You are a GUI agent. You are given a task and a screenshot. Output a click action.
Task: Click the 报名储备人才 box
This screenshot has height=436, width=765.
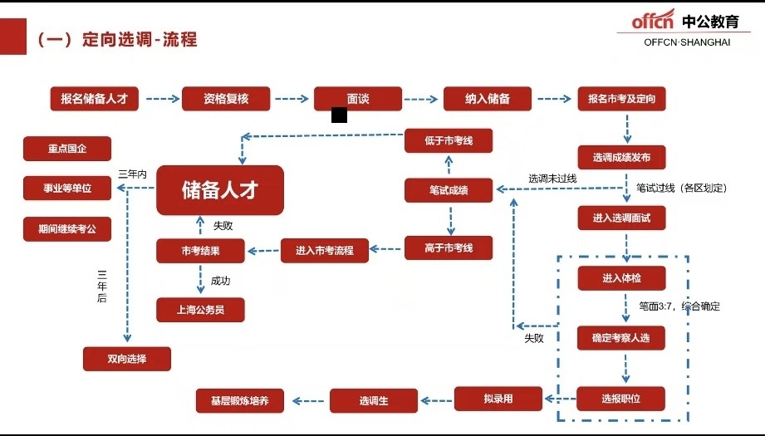tap(94, 99)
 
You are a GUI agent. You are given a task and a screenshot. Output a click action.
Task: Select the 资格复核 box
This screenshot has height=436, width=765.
tap(226, 99)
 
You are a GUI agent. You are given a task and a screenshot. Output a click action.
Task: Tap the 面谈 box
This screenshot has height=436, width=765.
tap(357, 98)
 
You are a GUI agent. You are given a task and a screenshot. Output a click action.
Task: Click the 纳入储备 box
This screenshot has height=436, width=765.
tap(487, 99)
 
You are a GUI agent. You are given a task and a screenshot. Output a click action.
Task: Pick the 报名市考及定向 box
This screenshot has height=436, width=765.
tap(621, 99)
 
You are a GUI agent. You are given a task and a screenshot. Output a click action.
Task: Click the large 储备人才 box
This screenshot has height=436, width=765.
tap(219, 189)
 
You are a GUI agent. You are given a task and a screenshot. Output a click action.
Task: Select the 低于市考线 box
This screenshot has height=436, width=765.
tap(449, 140)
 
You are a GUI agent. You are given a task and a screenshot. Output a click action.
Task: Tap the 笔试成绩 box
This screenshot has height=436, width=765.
tap(449, 190)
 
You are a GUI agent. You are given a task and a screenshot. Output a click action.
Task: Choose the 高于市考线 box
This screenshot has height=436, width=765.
tap(449, 247)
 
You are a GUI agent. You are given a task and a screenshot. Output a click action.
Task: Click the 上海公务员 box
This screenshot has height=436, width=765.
tap(200, 310)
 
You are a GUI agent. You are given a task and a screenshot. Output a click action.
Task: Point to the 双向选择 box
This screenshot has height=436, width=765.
tap(127, 359)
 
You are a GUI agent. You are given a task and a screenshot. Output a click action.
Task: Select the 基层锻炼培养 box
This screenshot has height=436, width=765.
tap(239, 400)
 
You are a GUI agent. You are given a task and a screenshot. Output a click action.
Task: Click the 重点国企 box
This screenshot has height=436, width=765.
tap(66, 149)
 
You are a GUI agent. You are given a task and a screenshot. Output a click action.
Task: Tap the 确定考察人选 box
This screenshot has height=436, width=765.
tap(621, 337)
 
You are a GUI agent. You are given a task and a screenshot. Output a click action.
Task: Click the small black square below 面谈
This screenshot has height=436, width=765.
tap(339, 115)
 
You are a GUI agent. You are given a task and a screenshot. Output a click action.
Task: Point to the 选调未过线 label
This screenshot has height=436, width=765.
tap(552, 179)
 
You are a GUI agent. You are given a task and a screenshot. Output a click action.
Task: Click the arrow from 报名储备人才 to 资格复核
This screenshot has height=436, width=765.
tap(163, 99)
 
